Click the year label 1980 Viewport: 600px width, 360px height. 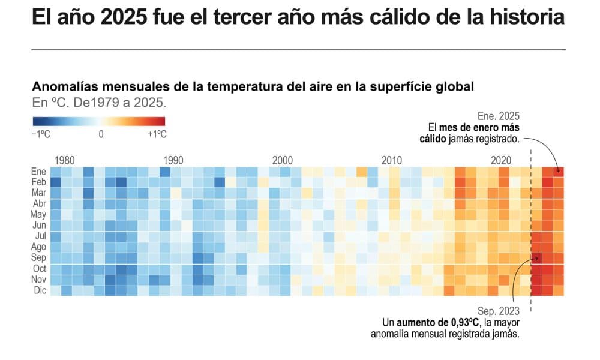click(65, 160)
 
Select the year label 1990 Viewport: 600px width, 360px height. click(173, 160)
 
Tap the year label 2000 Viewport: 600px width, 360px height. click(283, 160)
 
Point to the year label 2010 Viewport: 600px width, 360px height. click(392, 160)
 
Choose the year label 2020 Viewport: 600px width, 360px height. click(501, 160)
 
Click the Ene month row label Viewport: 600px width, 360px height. click(39, 172)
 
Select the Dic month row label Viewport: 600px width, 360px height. click(39, 290)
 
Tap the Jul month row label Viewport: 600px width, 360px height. click(39, 236)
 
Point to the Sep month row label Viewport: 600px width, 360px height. click(39, 258)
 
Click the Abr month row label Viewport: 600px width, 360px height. click(39, 204)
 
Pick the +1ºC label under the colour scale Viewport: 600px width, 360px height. click(157, 134)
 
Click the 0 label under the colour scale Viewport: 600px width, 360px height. click(101, 134)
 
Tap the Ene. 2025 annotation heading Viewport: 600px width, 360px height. click(499, 116)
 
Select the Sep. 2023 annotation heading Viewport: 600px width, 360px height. click(499, 311)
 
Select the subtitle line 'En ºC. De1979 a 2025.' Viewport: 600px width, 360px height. click(99, 103)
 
